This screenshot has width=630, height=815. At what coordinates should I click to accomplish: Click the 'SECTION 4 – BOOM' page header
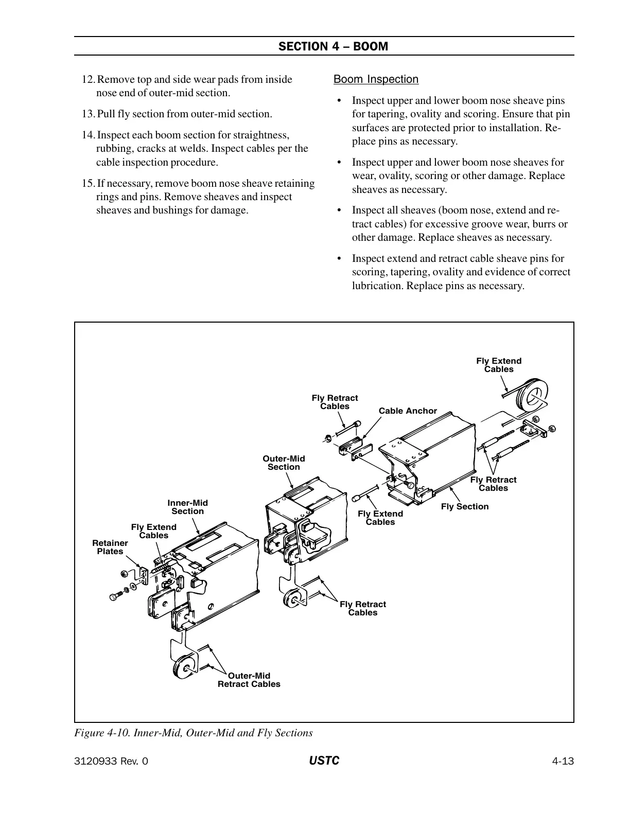pos(333,46)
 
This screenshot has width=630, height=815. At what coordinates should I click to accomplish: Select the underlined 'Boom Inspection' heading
pos(376,79)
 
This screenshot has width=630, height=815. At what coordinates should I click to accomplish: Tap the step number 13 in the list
pos(88,114)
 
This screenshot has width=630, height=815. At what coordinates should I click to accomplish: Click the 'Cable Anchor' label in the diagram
pos(408,411)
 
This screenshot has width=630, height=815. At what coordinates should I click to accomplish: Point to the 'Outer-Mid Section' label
pos(284,463)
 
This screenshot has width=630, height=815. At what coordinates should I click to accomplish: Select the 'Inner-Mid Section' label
pos(187,507)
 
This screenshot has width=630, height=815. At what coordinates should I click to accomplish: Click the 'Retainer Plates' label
pos(110,547)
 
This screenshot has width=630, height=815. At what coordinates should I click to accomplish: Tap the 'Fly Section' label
pos(465,506)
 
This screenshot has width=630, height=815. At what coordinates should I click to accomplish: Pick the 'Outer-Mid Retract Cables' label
pos(249,680)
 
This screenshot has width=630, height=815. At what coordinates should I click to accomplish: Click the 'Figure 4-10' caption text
pos(194,733)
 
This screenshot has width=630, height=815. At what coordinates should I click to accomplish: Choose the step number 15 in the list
pos(88,183)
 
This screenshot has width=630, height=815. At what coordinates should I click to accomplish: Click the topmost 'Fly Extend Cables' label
pos(499,365)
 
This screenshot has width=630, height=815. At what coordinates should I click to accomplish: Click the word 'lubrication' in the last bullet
pos(377,286)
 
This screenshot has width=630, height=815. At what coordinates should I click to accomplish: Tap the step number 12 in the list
pos(88,79)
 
